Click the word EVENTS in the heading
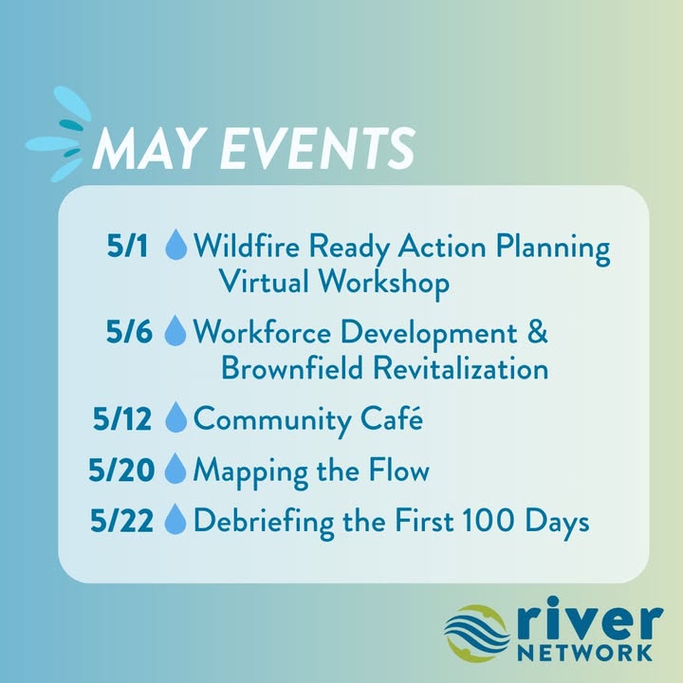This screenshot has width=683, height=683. tap(318, 148)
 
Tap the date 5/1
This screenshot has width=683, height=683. tap(127, 246)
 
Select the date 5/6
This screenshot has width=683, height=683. tap(129, 332)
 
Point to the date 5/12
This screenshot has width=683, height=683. tap(122, 418)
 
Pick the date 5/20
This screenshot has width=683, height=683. tap(121, 470)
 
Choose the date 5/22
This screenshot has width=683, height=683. tap(122, 521)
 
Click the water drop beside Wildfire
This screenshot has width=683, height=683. tap(176, 245)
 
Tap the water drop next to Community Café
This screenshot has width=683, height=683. tap(176, 417)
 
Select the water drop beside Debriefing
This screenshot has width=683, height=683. tap(175, 519)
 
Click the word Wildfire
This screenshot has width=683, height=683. tap(247, 246)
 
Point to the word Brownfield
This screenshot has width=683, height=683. tap(292, 367)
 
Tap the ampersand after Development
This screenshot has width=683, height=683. tap(538, 331)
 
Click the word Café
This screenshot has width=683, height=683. tap(392, 417)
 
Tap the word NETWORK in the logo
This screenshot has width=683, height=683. tap(584, 653)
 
